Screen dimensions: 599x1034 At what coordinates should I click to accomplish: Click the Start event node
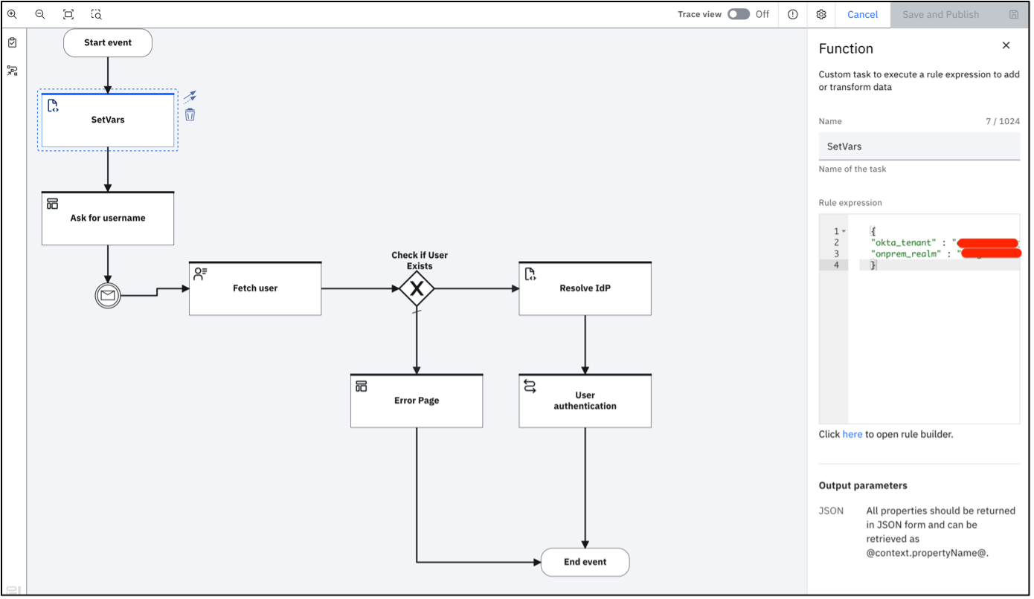[108, 43]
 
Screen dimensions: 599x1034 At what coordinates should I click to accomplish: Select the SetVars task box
[108, 120]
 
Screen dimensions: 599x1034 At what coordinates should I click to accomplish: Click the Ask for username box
[108, 218]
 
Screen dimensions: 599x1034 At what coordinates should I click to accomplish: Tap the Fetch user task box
[255, 288]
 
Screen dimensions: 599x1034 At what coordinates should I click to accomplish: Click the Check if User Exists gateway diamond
[417, 288]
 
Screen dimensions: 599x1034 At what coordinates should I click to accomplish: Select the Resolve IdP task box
[585, 288]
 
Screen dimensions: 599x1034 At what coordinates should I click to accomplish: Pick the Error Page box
[417, 401]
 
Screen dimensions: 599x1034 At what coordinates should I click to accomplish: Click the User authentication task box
[585, 401]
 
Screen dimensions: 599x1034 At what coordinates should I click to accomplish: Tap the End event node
[585, 562]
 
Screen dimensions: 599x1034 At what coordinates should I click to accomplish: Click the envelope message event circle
[108, 296]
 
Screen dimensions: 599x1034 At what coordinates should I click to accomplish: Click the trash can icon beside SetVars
[190, 114]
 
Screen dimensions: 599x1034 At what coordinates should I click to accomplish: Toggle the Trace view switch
[738, 14]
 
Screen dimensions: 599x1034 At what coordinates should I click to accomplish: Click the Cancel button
[862, 14]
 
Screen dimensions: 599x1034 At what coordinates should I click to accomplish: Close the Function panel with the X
[1006, 45]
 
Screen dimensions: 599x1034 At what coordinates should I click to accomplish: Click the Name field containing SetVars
[919, 146]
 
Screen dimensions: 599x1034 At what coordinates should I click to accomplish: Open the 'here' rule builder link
[852, 434]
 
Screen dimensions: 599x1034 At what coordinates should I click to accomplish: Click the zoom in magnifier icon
[12, 14]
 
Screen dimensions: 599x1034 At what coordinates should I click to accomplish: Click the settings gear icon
[821, 14]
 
